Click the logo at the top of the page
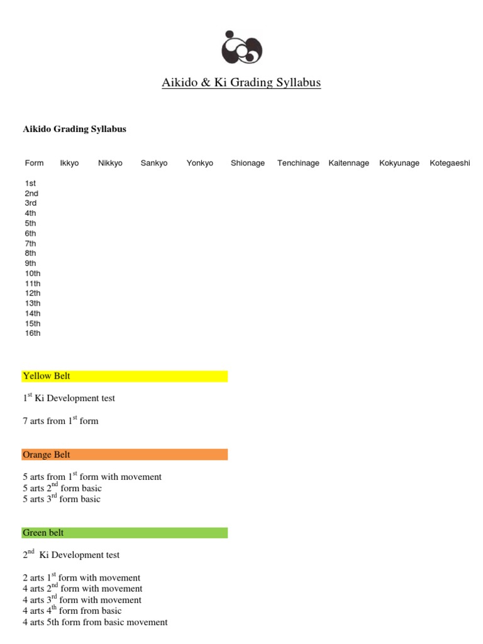click(x=241, y=48)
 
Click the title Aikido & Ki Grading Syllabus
click(x=241, y=83)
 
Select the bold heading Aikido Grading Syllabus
click(x=74, y=129)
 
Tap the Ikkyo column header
click(x=69, y=163)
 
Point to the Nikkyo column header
click(x=110, y=163)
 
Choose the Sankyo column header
click(x=154, y=163)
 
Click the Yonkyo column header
click(x=200, y=163)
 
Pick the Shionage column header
click(x=248, y=163)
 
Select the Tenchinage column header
click(x=298, y=163)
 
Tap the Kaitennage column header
click(x=349, y=163)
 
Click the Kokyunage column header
click(x=399, y=163)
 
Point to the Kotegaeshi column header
click(x=450, y=163)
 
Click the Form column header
click(x=34, y=163)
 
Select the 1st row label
click(x=30, y=183)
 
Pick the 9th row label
click(x=30, y=264)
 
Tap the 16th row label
click(x=33, y=333)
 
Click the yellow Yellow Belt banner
click(x=125, y=376)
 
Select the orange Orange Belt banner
click(x=125, y=455)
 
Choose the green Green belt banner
click(x=125, y=533)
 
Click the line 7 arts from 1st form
click(x=60, y=421)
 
